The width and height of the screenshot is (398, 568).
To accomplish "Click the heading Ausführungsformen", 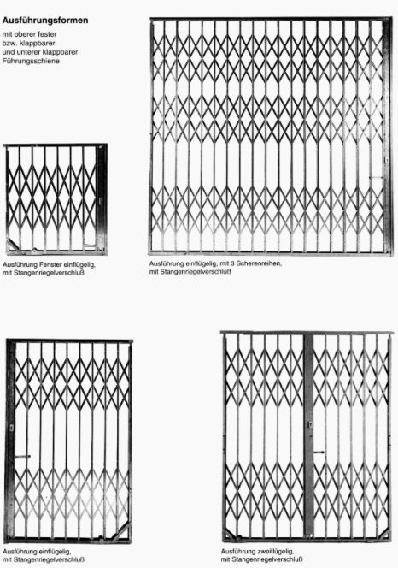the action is pos(45,21).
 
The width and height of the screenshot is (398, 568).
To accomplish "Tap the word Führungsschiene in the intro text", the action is pos(31,61).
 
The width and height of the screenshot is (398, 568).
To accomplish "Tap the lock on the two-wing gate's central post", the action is pos(310,424).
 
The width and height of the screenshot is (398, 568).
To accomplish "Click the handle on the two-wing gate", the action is pos(319,452).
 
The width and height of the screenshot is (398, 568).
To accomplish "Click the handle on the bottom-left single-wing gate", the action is pos(22,457).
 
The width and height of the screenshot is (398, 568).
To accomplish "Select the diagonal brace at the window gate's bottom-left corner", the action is pos(13,246).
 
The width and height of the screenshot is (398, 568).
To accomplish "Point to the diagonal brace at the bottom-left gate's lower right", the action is pos(121,532).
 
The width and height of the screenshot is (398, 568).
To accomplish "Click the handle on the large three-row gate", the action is pos(376,178).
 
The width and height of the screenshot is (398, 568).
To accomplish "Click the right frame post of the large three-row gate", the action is pos(388,136).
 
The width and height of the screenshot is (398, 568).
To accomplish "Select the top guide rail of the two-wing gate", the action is pos(307,333).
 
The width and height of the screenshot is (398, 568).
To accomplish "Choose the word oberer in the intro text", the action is pos(26,34).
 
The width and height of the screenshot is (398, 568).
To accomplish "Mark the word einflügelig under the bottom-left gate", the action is pos(55,552).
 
